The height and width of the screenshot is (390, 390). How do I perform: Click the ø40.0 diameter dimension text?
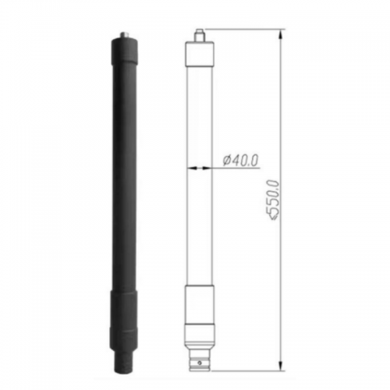(240, 161)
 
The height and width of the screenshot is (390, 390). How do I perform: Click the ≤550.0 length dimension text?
(275, 200)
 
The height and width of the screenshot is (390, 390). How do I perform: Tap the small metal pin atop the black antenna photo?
(124, 35)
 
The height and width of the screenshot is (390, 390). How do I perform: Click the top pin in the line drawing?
(200, 35)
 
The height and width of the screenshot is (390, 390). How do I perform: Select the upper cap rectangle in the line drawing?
(200, 53)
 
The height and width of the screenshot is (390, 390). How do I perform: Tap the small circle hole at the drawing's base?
(200, 363)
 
